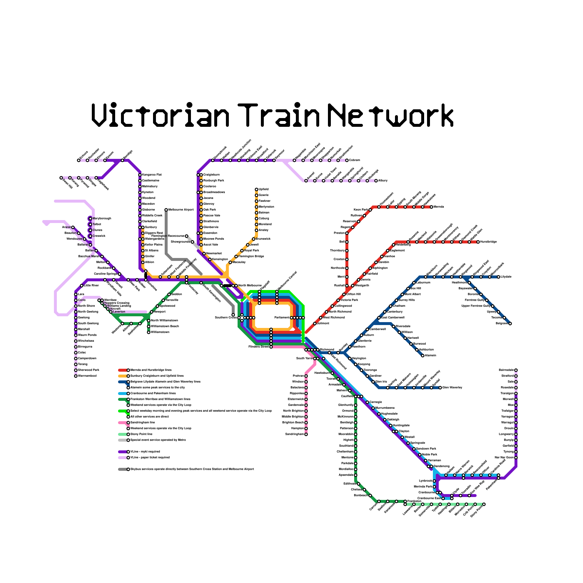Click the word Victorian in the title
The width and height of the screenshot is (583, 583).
[160, 115]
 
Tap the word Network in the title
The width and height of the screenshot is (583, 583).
[391, 115]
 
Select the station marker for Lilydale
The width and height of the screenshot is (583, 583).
[498, 277]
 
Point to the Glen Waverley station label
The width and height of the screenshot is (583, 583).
[452, 388]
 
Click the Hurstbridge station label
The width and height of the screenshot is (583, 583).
[489, 242]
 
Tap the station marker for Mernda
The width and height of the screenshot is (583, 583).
[431, 207]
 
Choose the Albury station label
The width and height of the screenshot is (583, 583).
[383, 181]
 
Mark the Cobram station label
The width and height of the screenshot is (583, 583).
[355, 160]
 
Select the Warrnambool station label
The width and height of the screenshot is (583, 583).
[87, 376]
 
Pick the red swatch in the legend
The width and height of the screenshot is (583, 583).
[122, 370]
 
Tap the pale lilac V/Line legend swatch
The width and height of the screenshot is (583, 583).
[122, 458]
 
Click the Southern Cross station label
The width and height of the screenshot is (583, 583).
[226, 318]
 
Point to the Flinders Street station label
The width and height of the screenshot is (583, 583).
[259, 347]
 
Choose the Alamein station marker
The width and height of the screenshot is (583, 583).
[423, 356]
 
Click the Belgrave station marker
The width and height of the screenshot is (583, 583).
[510, 324]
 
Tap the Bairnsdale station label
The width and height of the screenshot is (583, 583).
[506, 370]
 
